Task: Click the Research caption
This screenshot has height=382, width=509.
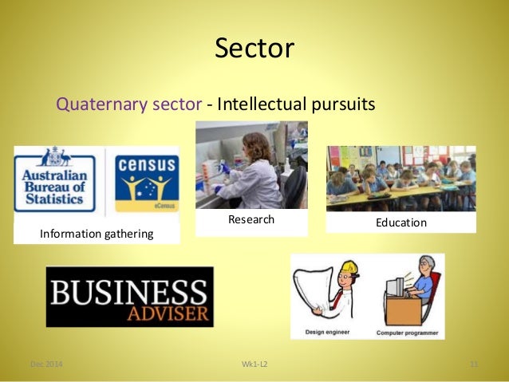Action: click(251, 219)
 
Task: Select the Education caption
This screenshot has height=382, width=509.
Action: click(400, 223)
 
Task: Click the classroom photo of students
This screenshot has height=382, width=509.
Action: click(400, 178)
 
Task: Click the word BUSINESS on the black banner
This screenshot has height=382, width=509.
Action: click(129, 289)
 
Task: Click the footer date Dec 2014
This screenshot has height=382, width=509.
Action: click(46, 365)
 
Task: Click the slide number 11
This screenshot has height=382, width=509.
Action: click(472, 365)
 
